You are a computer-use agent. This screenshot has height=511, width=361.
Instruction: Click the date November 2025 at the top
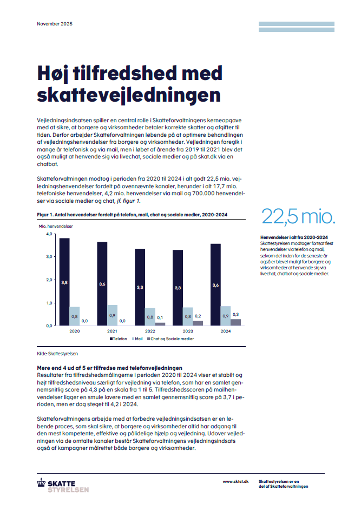click(x=54, y=24)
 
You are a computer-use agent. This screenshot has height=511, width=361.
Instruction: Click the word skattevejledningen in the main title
click(x=129, y=95)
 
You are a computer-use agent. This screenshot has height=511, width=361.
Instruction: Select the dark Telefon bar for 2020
click(x=64, y=282)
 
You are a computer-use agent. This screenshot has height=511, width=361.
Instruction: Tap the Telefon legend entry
click(x=119, y=339)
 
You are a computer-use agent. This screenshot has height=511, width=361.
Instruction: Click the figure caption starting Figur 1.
click(x=132, y=215)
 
